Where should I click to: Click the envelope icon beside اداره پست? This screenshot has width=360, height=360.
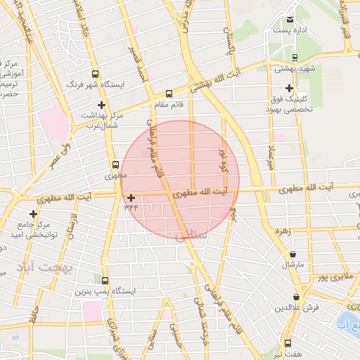tap(290, 19)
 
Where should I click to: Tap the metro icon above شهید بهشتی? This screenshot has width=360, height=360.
tap(294, 58)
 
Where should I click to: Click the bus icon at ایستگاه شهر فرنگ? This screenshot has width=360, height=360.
tap(96, 73)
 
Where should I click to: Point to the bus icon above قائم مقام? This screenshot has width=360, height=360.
tap(169, 94)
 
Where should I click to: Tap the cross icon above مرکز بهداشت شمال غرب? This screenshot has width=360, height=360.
tap(102, 105)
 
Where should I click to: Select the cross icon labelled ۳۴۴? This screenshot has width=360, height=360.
tap(131, 198)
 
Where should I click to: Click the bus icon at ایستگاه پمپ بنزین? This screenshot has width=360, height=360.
tap(105, 280)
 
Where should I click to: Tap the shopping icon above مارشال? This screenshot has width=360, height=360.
tap(292, 255)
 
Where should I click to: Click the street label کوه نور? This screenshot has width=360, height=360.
tap(224, 161)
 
